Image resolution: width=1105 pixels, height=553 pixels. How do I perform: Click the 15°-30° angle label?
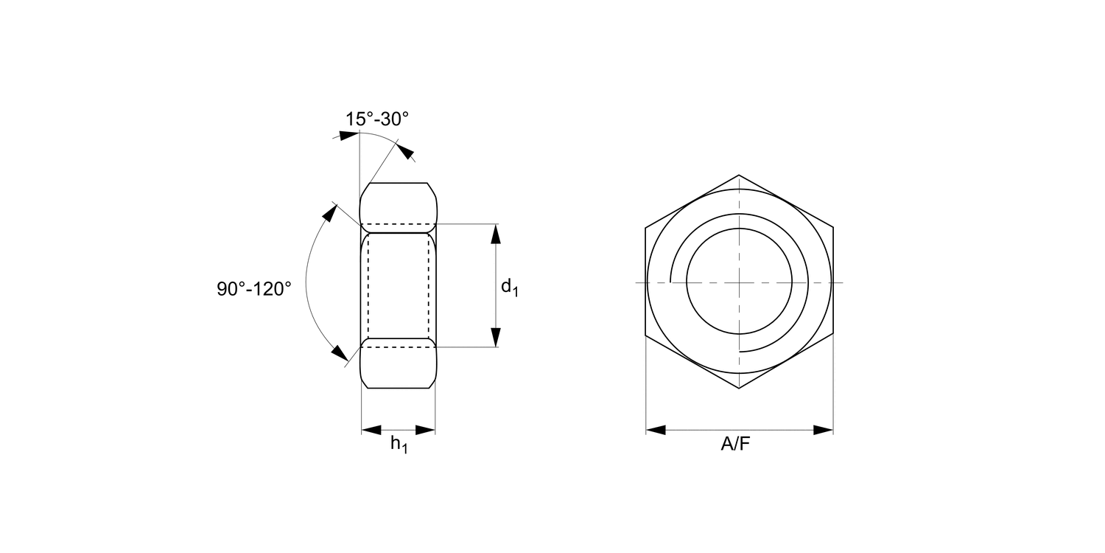click(376, 119)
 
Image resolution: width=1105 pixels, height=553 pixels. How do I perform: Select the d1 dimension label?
click(510, 288)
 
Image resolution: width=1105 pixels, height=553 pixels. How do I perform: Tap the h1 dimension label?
click(399, 444)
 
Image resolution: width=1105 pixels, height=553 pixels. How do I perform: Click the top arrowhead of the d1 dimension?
click(496, 234)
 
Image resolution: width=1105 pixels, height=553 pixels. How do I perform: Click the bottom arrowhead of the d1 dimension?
click(496, 337)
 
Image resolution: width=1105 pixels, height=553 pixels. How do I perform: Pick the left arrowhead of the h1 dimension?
click(371, 430)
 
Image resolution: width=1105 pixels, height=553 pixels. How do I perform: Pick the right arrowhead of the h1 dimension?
click(426, 430)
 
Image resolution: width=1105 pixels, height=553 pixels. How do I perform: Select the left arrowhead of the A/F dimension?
click(656, 430)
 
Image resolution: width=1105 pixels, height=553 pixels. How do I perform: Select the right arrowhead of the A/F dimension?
click(823, 430)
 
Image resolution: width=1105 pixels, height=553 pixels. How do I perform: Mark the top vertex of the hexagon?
click(739, 175)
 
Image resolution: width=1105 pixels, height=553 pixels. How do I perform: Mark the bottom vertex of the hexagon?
click(739, 389)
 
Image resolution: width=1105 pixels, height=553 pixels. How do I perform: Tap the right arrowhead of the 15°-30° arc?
click(404, 151)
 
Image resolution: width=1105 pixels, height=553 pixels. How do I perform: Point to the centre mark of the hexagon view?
click(739, 282)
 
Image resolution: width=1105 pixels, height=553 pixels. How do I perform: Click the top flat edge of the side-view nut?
click(399, 183)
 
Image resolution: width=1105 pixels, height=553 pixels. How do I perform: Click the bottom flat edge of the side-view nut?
click(399, 388)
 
